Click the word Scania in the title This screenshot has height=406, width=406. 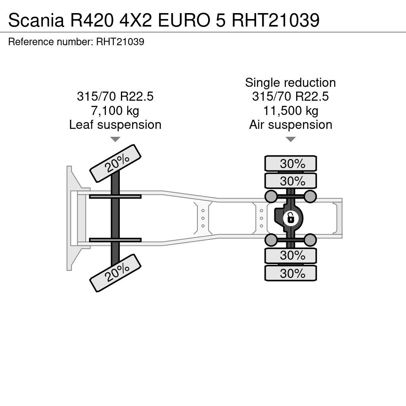coord(36,20)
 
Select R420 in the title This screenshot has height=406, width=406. coord(92,20)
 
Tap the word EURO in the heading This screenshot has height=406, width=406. coord(184,20)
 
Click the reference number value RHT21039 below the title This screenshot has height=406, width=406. coord(120,42)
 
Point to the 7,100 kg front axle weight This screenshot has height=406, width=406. coord(115,111)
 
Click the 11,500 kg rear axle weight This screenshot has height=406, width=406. coord(291,111)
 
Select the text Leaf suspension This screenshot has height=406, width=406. coord(115,124)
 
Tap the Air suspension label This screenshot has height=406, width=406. coord(291,124)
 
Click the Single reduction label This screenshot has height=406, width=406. coord(291,82)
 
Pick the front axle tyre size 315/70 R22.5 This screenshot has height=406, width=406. coord(115,96)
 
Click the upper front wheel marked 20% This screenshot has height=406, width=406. coord(115,163)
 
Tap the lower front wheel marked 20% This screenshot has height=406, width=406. coord(115,273)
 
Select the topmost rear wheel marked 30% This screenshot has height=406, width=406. coord(291,163)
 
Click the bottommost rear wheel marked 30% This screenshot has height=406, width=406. coord(291,273)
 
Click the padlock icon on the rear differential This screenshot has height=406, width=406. coord(291,218)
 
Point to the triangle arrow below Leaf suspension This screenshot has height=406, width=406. coord(115,139)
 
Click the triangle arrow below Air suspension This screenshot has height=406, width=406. coord(291,139)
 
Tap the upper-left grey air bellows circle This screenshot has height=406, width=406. coord(271,196)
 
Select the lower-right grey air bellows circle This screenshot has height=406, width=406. coord(310,240)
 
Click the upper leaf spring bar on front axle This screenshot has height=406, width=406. coord(115,197)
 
